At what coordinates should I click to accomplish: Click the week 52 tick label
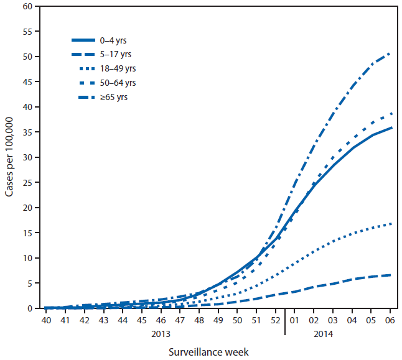[x=275, y=320]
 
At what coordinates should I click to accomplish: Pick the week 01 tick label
[x=294, y=320]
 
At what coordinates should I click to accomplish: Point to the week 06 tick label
[x=390, y=320]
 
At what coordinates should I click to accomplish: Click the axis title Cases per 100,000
[x=10, y=157]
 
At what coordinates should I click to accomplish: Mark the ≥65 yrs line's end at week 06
[x=390, y=53]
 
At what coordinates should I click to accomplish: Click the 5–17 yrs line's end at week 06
[x=390, y=275]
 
